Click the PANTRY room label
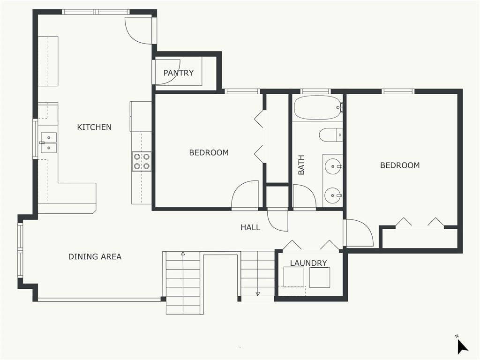(179, 73)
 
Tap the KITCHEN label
(94, 127)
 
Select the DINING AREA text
(95, 256)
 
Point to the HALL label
(250, 227)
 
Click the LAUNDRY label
(308, 263)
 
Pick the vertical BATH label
(301, 165)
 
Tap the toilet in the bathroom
(330, 135)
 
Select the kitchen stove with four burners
(142, 162)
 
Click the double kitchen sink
(49, 142)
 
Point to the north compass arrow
(462, 347)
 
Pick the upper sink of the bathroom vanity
(333, 166)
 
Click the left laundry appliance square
(294, 277)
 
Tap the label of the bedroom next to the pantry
(209, 152)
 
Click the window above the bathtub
(315, 91)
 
